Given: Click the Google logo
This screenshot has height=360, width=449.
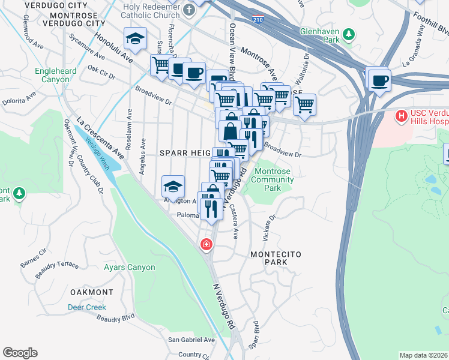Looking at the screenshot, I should pyautogui.click(x=20, y=353).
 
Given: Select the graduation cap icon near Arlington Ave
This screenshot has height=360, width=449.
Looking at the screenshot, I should pyautogui.click(x=173, y=186).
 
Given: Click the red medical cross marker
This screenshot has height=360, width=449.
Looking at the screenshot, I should pyautogui.click(x=206, y=244).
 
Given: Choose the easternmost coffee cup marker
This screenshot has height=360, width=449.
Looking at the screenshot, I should pyautogui.click(x=378, y=79).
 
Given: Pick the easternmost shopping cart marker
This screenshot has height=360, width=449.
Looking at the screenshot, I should pyautogui.click(x=305, y=104).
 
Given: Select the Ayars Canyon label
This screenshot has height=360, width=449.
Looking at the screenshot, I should pyautogui.click(x=129, y=268).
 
